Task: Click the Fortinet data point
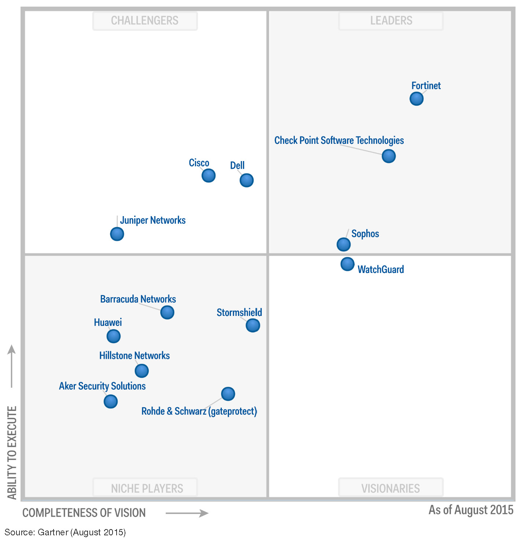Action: (417, 99)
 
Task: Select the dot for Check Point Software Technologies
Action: (389, 156)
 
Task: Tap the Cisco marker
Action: (209, 175)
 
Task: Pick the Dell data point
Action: (247, 180)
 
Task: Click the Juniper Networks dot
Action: (117, 234)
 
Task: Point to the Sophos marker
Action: (344, 244)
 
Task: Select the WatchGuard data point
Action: (348, 264)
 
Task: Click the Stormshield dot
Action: (253, 325)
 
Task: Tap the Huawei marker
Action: (114, 336)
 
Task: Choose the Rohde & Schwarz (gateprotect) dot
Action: (228, 394)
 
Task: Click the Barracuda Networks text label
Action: (138, 299)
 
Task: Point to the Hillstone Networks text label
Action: (135, 356)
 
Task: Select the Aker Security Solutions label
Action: (102, 386)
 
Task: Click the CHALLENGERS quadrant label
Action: (145, 21)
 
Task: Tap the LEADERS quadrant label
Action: (391, 21)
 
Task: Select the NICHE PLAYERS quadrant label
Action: (147, 488)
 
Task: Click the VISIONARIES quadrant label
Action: (390, 488)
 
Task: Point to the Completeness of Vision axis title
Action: (84, 513)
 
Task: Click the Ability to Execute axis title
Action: (12, 453)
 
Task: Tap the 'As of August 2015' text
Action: (471, 510)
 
